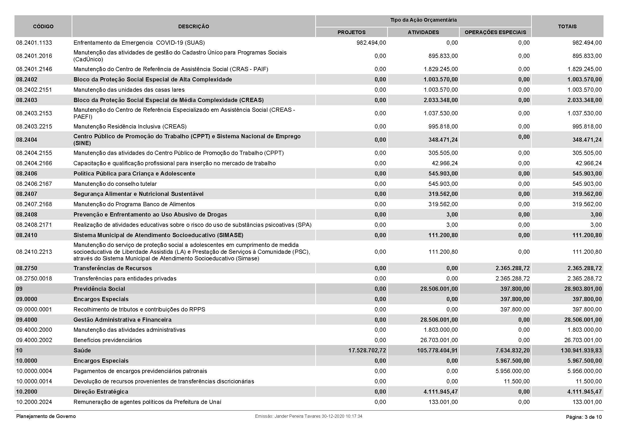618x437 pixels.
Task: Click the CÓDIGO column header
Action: [43, 26]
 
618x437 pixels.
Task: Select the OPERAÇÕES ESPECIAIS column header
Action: [495, 32]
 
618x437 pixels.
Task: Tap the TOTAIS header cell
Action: [567, 26]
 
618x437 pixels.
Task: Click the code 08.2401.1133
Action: [34, 43]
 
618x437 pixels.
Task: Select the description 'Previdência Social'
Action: [99, 289]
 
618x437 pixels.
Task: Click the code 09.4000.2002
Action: [34, 340]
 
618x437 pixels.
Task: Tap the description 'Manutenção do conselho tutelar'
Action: [115, 184]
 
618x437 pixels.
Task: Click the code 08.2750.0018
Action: [34, 278]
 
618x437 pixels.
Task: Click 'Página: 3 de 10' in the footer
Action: [584, 417]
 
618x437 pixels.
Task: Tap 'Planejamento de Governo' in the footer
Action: [46, 416]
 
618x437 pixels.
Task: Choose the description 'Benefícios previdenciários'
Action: [107, 340]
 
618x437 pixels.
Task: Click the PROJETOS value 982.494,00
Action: [371, 43]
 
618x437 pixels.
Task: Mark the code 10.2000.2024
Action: [34, 402]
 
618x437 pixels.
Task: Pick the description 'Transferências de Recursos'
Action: [113, 268]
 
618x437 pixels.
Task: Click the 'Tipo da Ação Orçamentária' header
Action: [423, 20]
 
